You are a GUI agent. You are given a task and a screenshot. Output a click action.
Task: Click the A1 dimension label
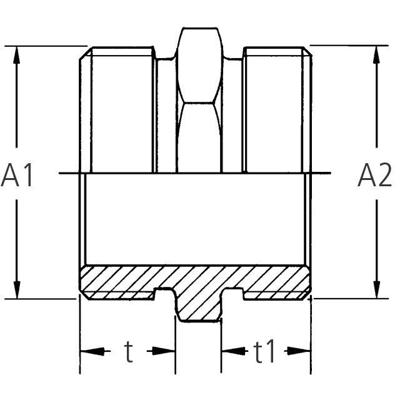[x=17, y=176]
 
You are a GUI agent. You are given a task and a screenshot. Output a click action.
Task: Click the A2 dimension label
[x=374, y=176]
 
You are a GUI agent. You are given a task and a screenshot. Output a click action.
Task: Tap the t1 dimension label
[x=264, y=352]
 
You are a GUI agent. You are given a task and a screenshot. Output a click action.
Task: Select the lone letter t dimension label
[x=129, y=352]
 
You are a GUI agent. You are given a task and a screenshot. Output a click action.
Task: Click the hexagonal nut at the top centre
[x=199, y=100]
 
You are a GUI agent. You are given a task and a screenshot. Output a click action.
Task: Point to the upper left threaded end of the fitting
[x=117, y=109]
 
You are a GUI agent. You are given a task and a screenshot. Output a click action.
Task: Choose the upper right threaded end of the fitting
[x=276, y=109]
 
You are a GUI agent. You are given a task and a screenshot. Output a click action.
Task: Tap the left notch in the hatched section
[x=164, y=294]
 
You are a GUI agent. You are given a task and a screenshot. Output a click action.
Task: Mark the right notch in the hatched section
[x=234, y=294]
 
